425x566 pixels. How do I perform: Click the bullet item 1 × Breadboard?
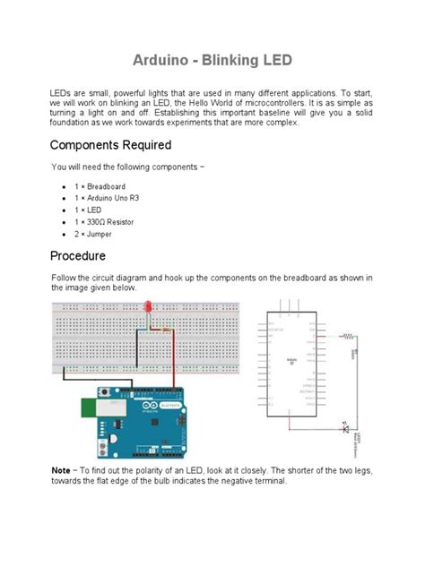102,186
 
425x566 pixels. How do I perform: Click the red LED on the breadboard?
148,307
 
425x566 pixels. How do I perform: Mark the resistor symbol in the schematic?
347,336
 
